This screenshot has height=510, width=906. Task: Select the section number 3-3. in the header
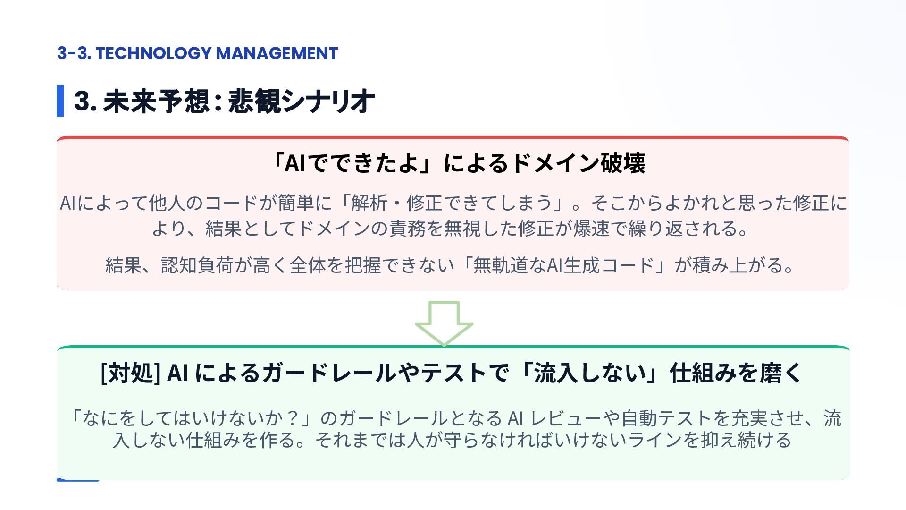click(74, 53)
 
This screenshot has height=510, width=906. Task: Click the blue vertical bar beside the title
click(60, 101)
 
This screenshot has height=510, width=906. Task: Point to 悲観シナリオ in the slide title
click(302, 101)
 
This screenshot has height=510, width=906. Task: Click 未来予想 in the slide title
click(156, 101)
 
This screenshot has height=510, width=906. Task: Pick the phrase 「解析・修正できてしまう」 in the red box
click(452, 203)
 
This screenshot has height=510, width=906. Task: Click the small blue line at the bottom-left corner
click(78, 480)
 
